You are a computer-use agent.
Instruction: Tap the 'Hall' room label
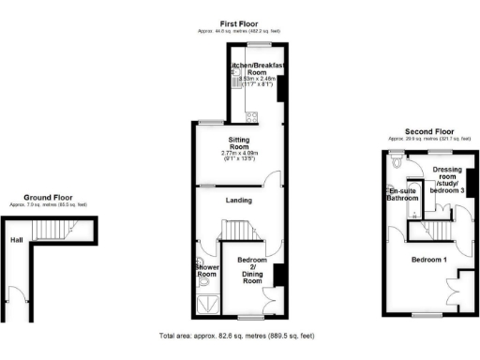(x=17, y=239)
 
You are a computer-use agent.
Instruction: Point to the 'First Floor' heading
(x=239, y=23)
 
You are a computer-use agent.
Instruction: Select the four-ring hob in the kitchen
(x=250, y=116)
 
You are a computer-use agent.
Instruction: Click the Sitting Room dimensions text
(x=237, y=156)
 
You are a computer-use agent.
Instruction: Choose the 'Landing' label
(x=237, y=199)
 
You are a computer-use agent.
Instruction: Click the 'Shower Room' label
(x=207, y=270)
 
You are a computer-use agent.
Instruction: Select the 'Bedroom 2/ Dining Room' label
(x=251, y=270)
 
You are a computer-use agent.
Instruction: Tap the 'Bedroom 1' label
(x=427, y=259)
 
